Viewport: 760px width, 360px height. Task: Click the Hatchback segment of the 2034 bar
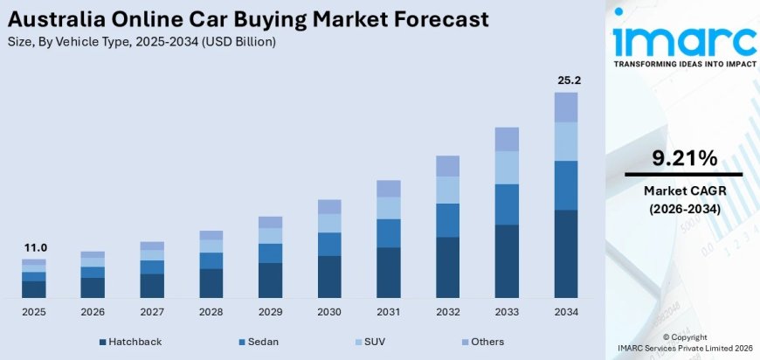[x=566, y=253]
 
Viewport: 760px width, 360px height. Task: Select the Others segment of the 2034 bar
[x=566, y=107]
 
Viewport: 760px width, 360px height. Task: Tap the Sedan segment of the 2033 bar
[x=507, y=204]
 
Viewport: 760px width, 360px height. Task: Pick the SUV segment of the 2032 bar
[x=447, y=190]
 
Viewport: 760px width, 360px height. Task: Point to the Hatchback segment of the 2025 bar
[x=34, y=289]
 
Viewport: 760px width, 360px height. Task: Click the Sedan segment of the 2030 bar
[x=329, y=244]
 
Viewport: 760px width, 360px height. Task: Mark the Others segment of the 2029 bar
[x=270, y=222]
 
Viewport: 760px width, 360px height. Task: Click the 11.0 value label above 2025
[x=34, y=247]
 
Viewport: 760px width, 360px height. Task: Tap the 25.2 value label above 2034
[x=566, y=80]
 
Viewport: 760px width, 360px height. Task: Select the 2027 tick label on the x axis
[x=152, y=312]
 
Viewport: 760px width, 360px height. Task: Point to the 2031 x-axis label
[x=389, y=312]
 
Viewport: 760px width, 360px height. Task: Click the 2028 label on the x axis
[x=211, y=312]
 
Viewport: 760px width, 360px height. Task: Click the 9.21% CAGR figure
[x=684, y=158]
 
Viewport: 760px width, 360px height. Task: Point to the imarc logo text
[x=684, y=39]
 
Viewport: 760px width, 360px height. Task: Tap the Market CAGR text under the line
[x=684, y=190]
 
